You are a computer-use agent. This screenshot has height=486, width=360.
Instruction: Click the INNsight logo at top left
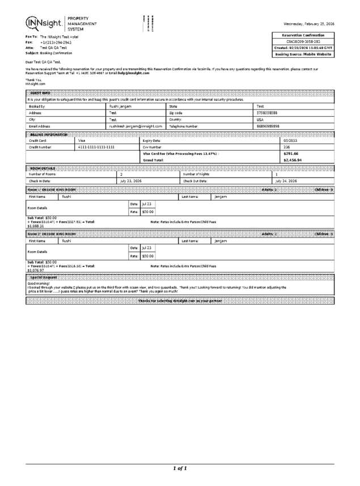point(46,23)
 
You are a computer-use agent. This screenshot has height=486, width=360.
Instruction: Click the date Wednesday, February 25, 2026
point(308,24)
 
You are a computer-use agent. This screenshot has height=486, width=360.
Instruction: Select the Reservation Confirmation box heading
point(303,35)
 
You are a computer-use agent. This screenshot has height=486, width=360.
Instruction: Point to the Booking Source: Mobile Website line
point(303,54)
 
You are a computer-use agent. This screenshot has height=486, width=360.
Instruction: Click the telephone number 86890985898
point(268,126)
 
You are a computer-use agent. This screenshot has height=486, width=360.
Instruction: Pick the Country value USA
point(260,119)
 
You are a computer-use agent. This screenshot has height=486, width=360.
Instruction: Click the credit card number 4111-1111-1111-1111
point(96,147)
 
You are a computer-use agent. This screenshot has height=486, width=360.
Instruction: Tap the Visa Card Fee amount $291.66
point(290,154)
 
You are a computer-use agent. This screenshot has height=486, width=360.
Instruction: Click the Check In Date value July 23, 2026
point(130,181)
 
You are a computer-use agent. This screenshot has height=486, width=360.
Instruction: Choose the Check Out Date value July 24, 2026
point(286,181)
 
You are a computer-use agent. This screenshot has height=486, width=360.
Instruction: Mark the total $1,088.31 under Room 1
point(35,226)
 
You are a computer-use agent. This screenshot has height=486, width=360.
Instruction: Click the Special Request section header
point(44,277)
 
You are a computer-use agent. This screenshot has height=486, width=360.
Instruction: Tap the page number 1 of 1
point(180,468)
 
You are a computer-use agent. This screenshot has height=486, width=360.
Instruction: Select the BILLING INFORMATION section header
point(49,134)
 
